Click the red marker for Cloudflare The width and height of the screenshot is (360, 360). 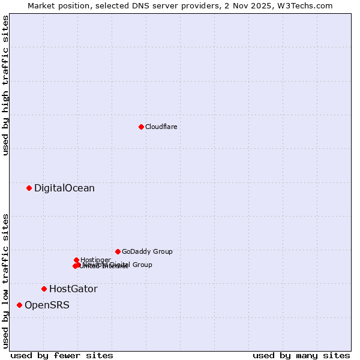click(x=141, y=127)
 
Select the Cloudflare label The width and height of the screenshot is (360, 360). click(x=161, y=127)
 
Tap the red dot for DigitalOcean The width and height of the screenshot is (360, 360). click(x=29, y=188)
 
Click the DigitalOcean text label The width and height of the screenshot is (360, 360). click(x=64, y=188)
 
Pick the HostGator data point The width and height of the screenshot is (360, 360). click(x=44, y=289)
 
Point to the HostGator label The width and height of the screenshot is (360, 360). click(x=73, y=289)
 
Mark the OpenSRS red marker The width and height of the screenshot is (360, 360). click(x=19, y=305)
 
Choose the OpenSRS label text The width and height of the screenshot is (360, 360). click(x=47, y=305)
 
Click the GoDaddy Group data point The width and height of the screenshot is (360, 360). click(x=118, y=251)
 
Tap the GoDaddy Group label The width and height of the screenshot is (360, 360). click(x=147, y=251)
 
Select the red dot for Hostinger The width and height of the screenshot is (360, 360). click(x=76, y=260)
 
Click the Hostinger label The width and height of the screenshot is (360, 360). click(x=95, y=260)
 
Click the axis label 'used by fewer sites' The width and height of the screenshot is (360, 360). click(x=62, y=355)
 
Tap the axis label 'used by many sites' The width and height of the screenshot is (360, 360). click(x=301, y=355)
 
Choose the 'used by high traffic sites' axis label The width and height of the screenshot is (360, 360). click(x=5, y=85)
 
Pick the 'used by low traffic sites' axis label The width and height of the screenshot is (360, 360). click(x=5, y=280)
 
